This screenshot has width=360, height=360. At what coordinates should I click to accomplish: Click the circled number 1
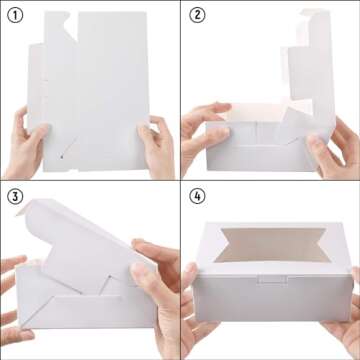(x=15, y=16)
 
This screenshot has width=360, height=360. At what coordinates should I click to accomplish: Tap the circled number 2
(x=197, y=16)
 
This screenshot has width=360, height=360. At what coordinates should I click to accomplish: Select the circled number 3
(x=15, y=197)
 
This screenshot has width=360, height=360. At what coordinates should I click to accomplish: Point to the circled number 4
(x=197, y=197)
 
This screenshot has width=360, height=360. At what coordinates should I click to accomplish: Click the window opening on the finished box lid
(x=272, y=245)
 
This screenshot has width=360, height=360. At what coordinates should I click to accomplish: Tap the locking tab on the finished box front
(x=273, y=279)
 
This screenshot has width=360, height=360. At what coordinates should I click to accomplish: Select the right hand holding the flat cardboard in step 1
(x=156, y=147)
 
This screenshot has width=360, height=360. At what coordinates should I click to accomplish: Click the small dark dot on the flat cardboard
(x=61, y=156)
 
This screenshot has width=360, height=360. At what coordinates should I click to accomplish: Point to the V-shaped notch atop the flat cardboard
(x=71, y=24)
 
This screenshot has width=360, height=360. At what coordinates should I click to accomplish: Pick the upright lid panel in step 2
(x=312, y=67)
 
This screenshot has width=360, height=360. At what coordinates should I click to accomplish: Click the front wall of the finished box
(x=273, y=298)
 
